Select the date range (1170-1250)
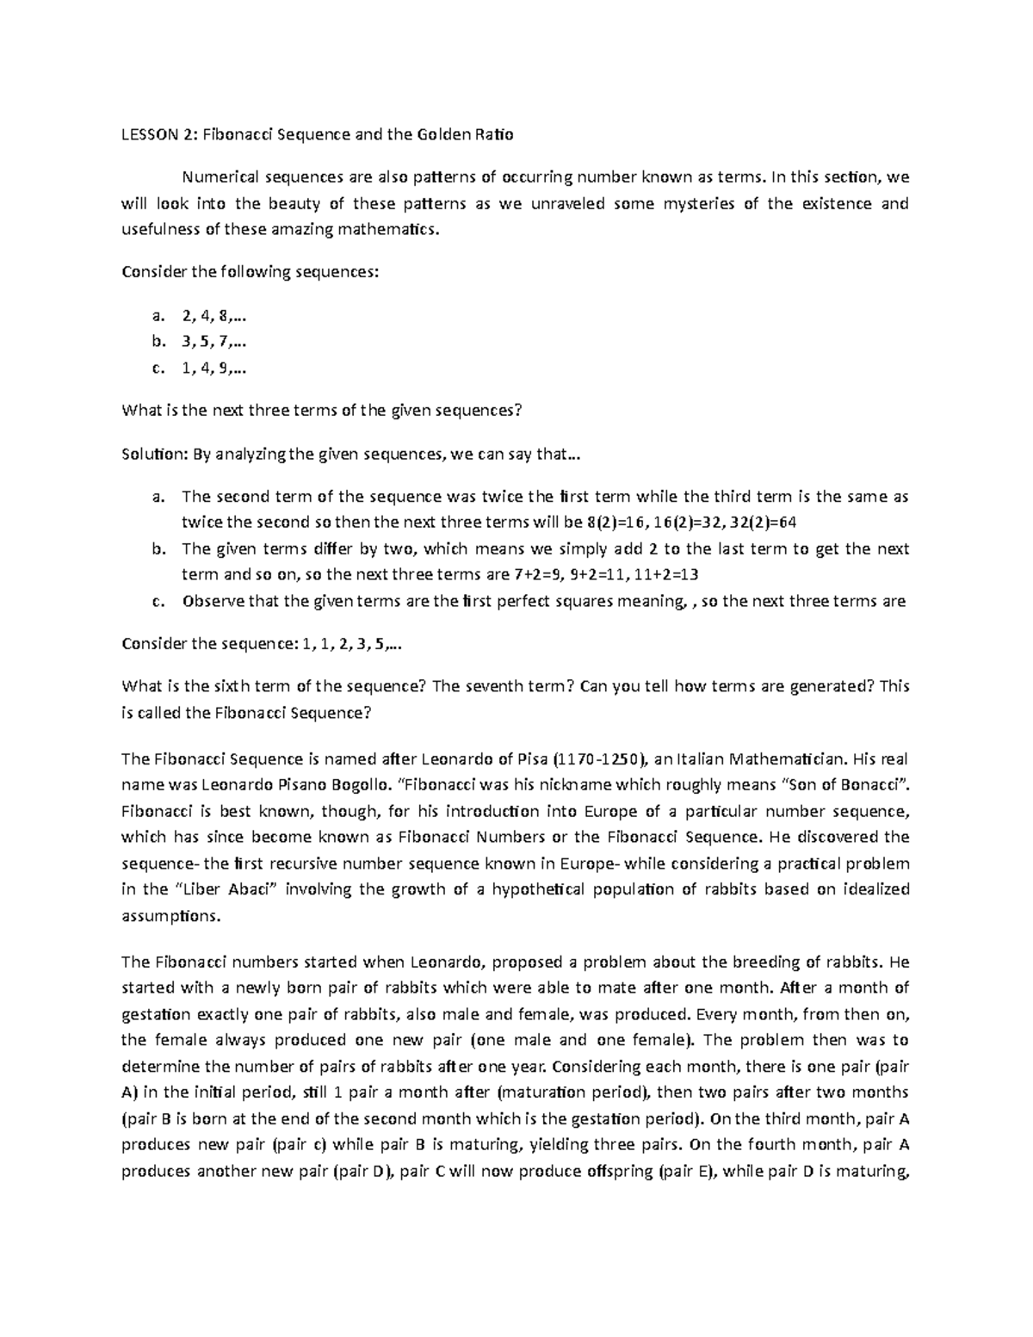(x=598, y=759)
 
